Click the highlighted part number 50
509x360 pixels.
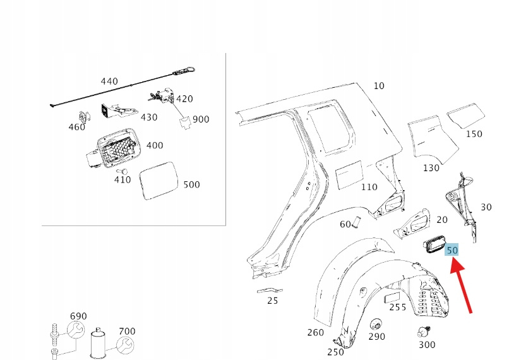click(452, 250)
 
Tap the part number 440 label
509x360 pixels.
click(109, 81)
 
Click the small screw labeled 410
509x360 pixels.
click(124, 171)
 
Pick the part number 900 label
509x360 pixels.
click(201, 119)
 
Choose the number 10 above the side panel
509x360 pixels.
click(378, 86)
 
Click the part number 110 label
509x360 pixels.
click(369, 187)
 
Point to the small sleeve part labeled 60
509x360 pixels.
click(356, 222)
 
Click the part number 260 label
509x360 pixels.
click(315, 333)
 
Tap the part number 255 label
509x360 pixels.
click(398, 307)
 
